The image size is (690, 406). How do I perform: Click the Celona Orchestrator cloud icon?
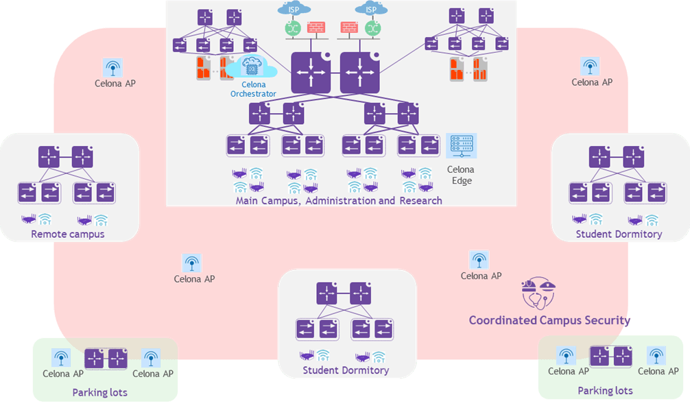coord(252,69)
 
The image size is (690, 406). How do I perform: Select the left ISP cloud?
coord(294,9)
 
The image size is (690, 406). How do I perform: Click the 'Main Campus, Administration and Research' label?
coord(339,201)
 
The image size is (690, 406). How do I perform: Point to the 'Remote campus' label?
coord(68,235)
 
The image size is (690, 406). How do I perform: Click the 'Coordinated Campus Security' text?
coord(549,320)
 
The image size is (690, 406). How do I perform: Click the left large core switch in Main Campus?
coord(311,73)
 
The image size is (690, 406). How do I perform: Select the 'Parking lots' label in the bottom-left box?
coord(99,392)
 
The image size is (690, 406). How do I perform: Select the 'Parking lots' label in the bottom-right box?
coord(605,391)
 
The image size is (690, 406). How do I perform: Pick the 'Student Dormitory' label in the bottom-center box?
coord(346,370)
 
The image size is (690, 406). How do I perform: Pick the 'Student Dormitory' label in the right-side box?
coord(619,235)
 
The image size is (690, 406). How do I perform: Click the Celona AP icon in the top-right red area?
coord(589,67)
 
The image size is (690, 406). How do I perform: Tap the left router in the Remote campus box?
coord(49,157)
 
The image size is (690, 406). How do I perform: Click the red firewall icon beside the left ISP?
coord(316,29)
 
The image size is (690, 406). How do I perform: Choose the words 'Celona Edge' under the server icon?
coord(460,176)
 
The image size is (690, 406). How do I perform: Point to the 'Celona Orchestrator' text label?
coord(253,89)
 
